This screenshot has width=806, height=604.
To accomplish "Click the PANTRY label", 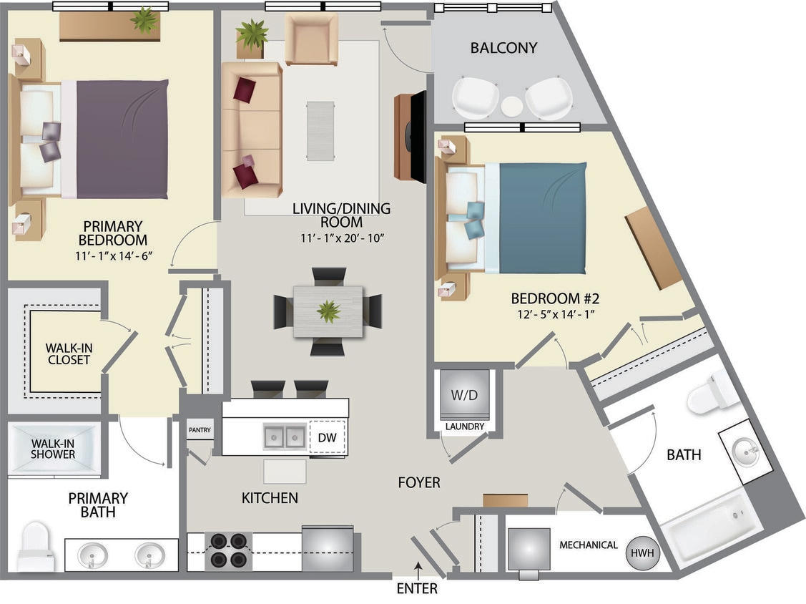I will [x=200, y=430].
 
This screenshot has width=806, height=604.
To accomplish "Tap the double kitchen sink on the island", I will [x=285, y=437].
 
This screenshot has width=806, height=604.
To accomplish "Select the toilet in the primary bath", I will [x=35, y=547].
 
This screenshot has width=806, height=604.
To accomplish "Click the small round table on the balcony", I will [x=512, y=106].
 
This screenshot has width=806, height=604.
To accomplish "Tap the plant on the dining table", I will [x=328, y=311].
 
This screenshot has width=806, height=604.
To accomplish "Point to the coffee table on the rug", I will [x=320, y=130].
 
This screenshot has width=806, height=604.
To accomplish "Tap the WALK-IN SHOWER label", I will [x=53, y=449].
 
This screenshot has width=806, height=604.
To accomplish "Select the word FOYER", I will [x=419, y=483].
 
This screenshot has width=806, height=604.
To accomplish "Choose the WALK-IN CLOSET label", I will [x=69, y=354].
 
